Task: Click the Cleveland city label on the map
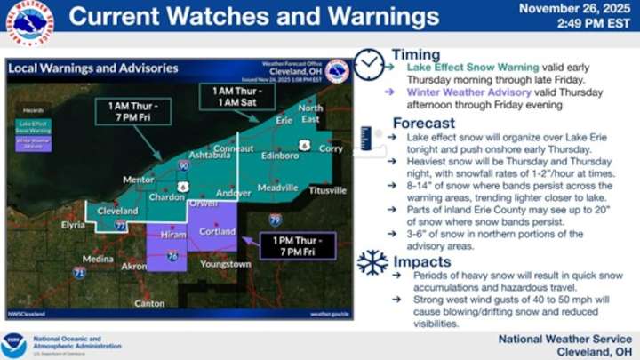116,211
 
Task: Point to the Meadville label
278,188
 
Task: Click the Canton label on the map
149,303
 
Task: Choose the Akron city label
134,266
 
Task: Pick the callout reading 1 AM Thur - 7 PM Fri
127,113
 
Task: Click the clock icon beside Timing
368,64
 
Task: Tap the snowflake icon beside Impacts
372,261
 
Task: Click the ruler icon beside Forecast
366,136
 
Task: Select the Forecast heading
424,123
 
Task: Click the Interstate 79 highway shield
276,219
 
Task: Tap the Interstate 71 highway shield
80,273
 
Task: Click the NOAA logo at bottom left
14,345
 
